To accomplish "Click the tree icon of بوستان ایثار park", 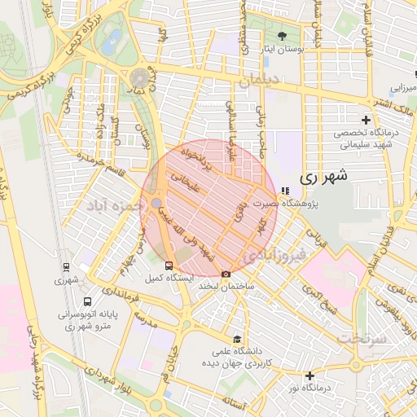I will pyautogui.click(x=283, y=36).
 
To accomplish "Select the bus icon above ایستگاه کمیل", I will pyautogui.click(x=169, y=266).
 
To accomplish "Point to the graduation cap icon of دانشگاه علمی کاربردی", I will pyautogui.click(x=237, y=340).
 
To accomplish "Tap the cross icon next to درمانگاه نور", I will pyautogui.click(x=309, y=375).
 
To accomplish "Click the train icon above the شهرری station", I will pyautogui.click(x=66, y=267).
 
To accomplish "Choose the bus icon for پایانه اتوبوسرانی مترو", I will pyautogui.click(x=87, y=301).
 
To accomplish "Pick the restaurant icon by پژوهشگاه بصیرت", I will pyautogui.click(x=284, y=191).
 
